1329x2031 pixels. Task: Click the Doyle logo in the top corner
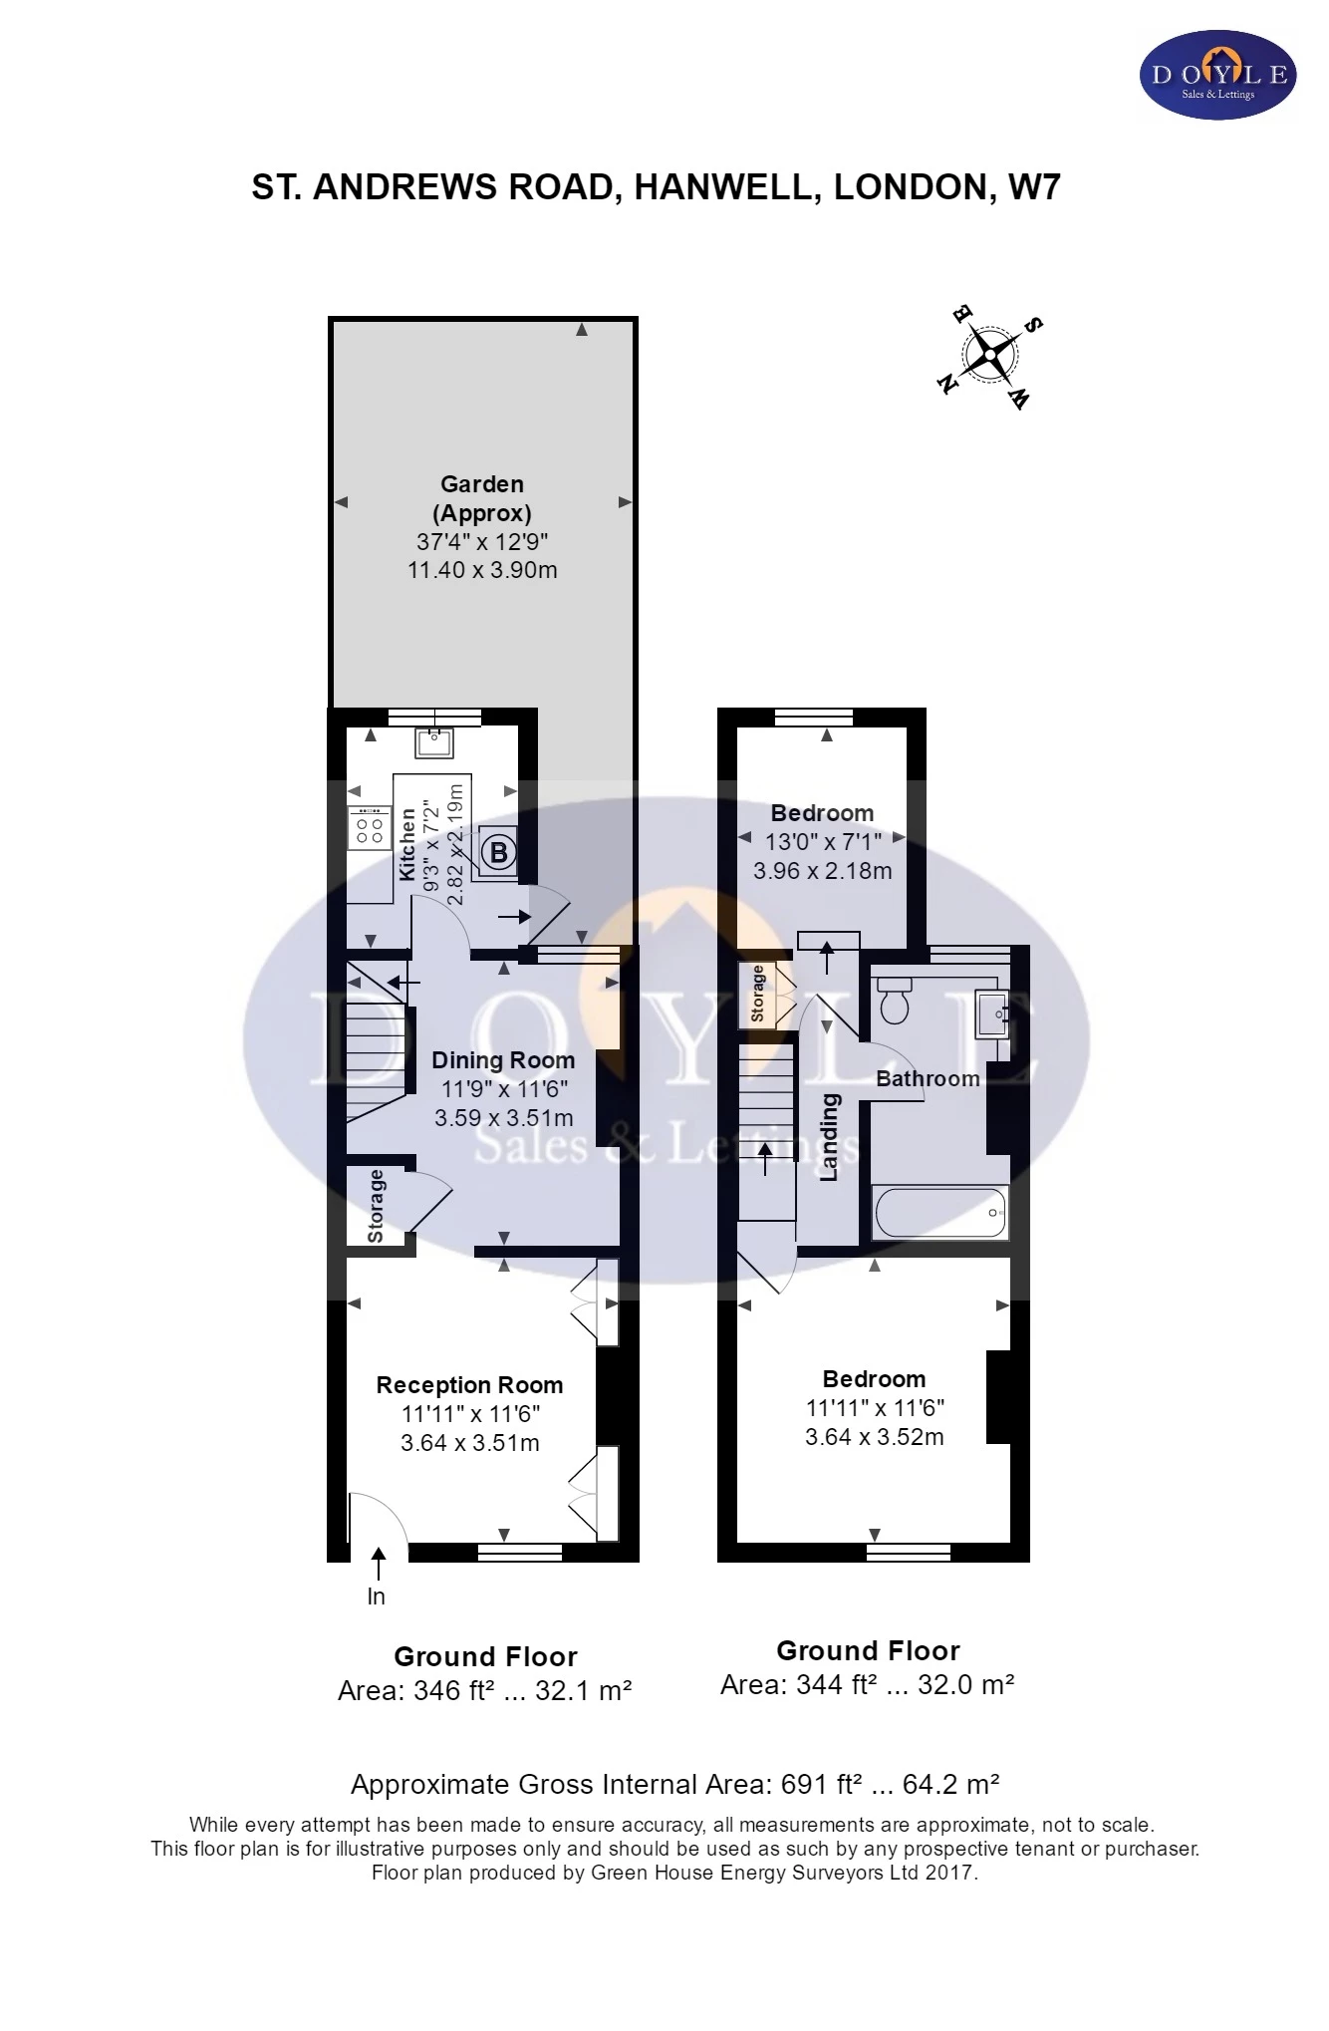point(1217,75)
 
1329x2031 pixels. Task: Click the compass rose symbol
point(990,354)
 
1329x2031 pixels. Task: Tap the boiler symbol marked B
point(499,852)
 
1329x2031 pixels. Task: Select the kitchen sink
point(434,741)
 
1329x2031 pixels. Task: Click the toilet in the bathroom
point(895,1001)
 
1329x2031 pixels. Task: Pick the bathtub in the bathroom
point(939,1212)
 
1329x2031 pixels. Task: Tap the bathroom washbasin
point(992,1015)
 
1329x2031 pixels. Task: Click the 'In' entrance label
point(376,1596)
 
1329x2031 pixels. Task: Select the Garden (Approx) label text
point(482,498)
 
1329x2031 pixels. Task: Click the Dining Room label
point(503,1060)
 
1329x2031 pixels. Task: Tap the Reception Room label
point(469,1385)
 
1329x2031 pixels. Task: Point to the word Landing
point(829,1137)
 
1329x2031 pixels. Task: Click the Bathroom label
point(928,1078)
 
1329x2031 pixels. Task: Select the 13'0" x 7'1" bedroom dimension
point(823,842)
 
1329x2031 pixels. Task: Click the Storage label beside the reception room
point(376,1206)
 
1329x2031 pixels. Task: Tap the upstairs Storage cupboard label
point(758,994)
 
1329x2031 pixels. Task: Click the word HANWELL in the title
point(727,187)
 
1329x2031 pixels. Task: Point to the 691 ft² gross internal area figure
point(822,1784)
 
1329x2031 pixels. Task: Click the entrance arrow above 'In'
point(378,1564)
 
